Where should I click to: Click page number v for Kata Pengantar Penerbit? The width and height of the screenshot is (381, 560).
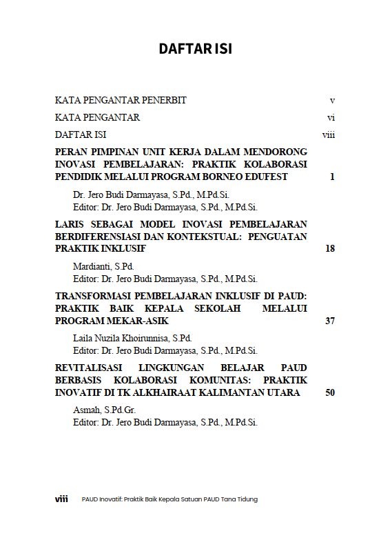[332, 100]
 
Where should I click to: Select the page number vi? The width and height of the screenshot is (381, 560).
[331, 117]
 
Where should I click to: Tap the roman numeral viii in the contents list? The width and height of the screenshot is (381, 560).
[328, 134]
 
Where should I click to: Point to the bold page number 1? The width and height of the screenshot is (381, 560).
[331, 177]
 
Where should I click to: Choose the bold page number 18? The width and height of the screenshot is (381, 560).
[329, 248]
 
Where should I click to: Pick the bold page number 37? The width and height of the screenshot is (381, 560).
[329, 321]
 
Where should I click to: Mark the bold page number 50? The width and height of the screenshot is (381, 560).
[329, 392]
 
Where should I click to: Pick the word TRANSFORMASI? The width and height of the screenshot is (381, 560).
[93, 296]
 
